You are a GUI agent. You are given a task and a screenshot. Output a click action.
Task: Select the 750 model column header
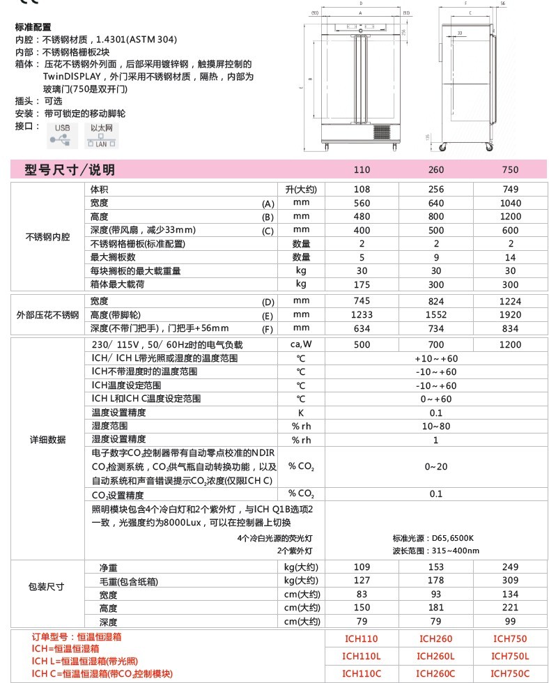point(511,170)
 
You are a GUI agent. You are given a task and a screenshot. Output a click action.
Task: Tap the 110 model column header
point(362,170)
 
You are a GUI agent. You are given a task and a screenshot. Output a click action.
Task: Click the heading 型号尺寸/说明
point(70,170)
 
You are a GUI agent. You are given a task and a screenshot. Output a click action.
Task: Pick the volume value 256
point(436,190)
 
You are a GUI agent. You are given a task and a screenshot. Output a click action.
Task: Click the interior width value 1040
point(511,203)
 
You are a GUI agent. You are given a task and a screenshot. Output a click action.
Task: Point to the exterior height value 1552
point(436,315)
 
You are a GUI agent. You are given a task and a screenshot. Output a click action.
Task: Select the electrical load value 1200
point(511,345)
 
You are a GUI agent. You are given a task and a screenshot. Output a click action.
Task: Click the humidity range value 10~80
point(436,426)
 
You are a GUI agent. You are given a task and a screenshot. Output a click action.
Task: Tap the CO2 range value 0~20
point(436,466)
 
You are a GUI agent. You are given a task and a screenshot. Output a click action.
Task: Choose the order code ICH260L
point(436,656)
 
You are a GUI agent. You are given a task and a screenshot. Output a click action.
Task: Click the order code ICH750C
point(511,673)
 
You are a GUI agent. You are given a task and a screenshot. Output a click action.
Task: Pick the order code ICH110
point(362,638)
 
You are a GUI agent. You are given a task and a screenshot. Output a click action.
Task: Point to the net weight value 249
point(511,567)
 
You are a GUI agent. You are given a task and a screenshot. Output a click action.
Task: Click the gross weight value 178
point(436,581)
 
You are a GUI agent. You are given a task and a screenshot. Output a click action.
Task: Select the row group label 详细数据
point(48,440)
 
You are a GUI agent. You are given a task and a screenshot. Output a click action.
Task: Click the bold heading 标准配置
point(33,27)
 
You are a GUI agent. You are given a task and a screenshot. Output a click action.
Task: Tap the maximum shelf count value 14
point(511,257)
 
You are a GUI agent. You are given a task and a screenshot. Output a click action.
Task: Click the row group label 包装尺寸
point(46,587)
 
